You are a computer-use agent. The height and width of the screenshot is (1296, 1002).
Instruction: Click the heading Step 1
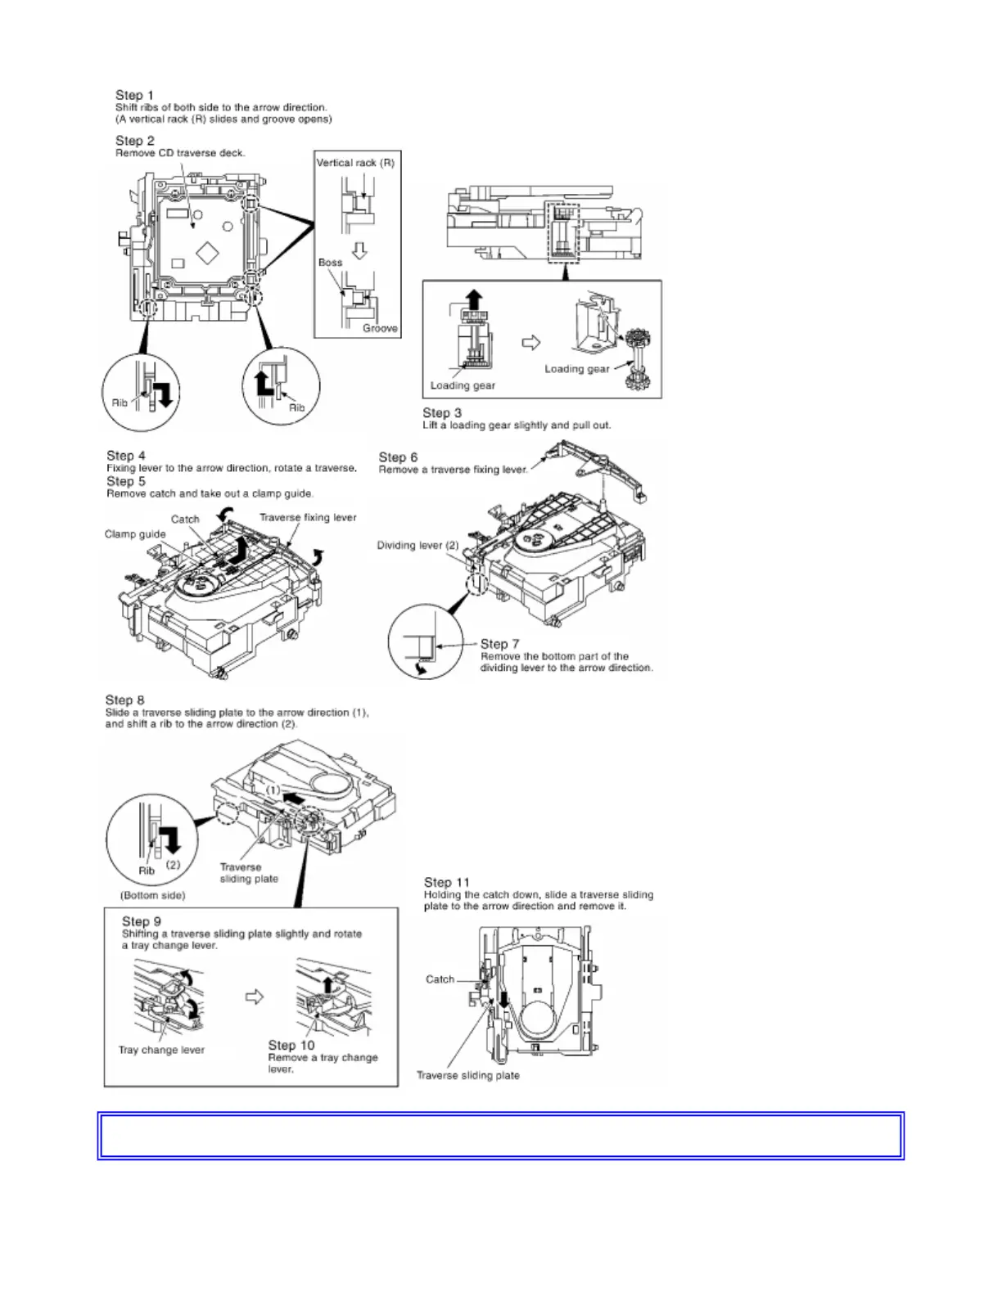tap(134, 95)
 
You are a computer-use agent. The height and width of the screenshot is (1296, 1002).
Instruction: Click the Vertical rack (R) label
tap(355, 163)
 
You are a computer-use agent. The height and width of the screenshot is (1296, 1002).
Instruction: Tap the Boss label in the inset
tap(330, 263)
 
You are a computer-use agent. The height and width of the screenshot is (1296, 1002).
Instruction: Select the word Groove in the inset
tap(380, 328)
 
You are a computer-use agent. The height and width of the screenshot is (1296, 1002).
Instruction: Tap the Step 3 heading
tap(442, 413)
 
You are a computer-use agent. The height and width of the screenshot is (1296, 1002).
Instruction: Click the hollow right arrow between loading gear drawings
tap(531, 342)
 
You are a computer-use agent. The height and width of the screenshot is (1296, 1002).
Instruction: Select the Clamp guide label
tap(135, 534)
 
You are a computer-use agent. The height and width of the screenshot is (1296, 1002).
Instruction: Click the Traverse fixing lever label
tap(308, 517)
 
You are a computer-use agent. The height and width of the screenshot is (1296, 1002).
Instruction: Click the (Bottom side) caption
tap(152, 895)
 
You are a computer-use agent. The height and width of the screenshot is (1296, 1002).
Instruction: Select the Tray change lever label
tap(161, 1050)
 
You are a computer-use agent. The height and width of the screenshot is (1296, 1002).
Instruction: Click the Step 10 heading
tap(291, 1045)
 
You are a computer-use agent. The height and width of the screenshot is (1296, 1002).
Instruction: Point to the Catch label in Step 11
tap(440, 979)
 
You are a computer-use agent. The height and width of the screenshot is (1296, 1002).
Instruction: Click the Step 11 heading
tap(447, 882)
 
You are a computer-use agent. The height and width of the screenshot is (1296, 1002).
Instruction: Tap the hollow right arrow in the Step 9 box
tap(256, 997)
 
